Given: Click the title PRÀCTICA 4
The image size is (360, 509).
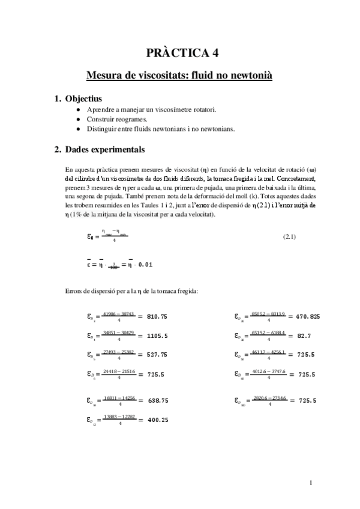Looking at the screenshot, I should click(x=179, y=53).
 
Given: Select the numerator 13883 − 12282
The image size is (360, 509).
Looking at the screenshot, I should click(x=119, y=417).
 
